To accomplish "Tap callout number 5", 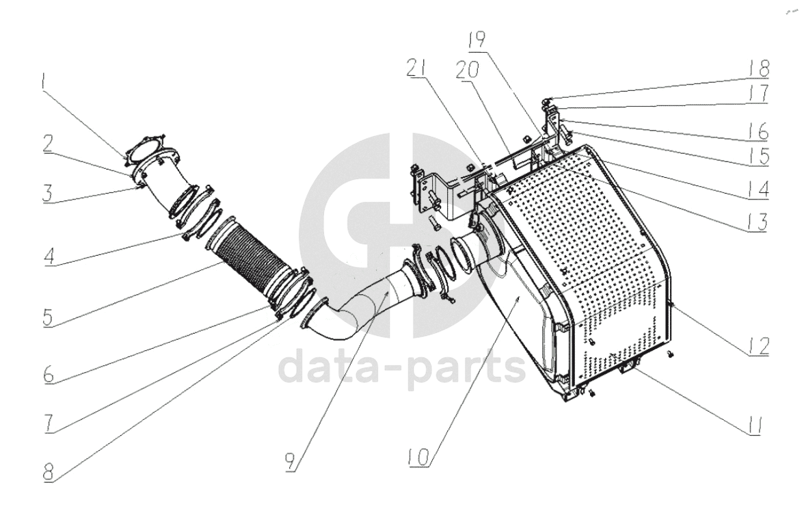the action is click(48, 317).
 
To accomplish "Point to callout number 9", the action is click(291, 461).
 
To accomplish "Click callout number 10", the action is click(418, 457).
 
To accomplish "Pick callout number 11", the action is click(753, 425).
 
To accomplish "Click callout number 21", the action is click(418, 68).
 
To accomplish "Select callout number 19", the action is click(477, 39).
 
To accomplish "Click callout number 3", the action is click(48, 194).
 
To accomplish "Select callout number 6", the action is click(48, 375).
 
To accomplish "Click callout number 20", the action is click(467, 70).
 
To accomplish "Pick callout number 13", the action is click(758, 222).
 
